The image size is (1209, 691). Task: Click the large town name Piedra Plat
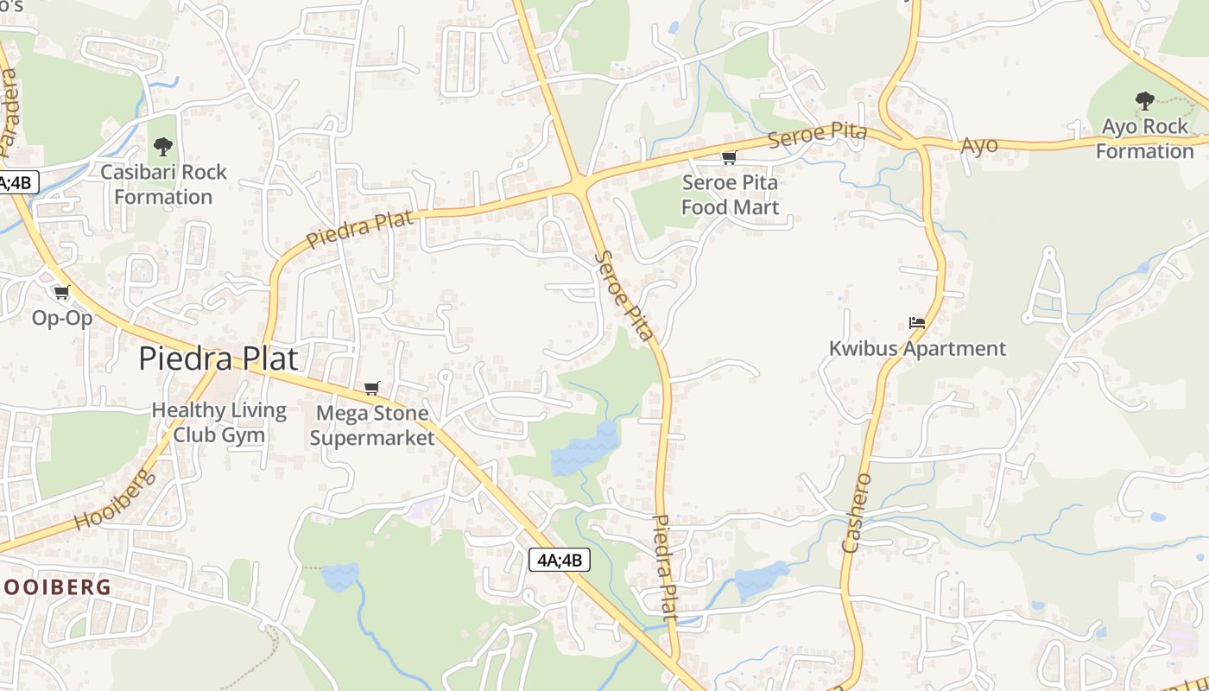(x=218, y=358)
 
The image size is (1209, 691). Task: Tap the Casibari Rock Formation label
(x=163, y=184)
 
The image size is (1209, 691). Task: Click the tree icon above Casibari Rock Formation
(x=162, y=147)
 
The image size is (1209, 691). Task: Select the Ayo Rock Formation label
(x=1144, y=138)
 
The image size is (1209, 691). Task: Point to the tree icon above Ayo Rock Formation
(x=1145, y=101)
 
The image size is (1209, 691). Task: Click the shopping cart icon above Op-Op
(x=61, y=292)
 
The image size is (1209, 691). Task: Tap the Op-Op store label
(x=62, y=318)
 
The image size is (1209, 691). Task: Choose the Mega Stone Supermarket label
(x=371, y=425)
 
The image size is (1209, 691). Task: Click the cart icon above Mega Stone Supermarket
(x=371, y=388)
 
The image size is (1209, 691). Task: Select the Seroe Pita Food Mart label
(x=730, y=194)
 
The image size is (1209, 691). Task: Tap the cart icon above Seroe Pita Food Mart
(x=729, y=157)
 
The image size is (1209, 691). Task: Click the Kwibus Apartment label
(x=917, y=348)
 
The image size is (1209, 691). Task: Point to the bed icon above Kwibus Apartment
(x=917, y=323)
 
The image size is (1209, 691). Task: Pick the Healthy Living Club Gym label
(x=219, y=422)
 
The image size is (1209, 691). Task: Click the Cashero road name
(x=858, y=512)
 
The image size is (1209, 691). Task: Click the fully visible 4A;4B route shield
(x=560, y=560)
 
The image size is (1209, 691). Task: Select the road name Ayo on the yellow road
(x=979, y=145)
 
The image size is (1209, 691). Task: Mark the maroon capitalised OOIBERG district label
(x=57, y=587)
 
